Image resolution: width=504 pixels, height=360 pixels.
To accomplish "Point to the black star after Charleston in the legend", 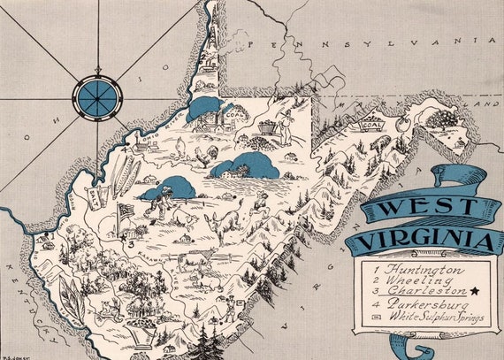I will click(x=476, y=291).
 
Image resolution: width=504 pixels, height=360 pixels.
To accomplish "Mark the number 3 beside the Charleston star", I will click(x=130, y=241).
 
